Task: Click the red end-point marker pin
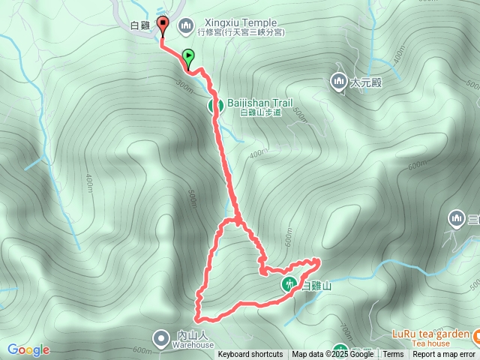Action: coord(163,22)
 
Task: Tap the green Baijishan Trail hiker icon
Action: coord(215,106)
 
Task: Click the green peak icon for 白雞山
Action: coord(289,284)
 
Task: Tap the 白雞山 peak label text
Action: coord(316,286)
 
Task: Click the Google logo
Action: coord(28,349)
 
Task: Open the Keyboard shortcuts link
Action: coord(250,355)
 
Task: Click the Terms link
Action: coord(393,355)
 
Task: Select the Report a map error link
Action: coord(444,355)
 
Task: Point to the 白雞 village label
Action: coord(140,25)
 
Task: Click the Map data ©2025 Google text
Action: coord(332,355)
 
